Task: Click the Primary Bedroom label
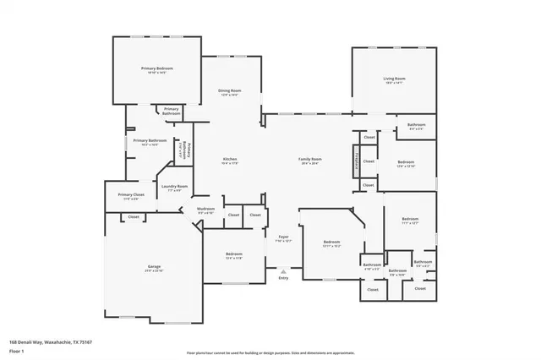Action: pyautogui.click(x=158, y=68)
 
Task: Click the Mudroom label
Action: pyautogui.click(x=205, y=210)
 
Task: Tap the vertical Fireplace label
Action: pyautogui.click(x=358, y=160)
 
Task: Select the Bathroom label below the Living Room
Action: pyautogui.click(x=417, y=126)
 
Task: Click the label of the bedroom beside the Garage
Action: pyautogui.click(x=234, y=255)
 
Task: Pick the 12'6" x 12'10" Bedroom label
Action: pyautogui.click(x=406, y=163)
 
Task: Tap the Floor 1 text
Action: pyautogui.click(x=16, y=351)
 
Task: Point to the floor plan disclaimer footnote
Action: pyautogui.click(x=270, y=352)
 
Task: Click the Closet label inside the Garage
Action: pyautogui.click(x=134, y=217)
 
